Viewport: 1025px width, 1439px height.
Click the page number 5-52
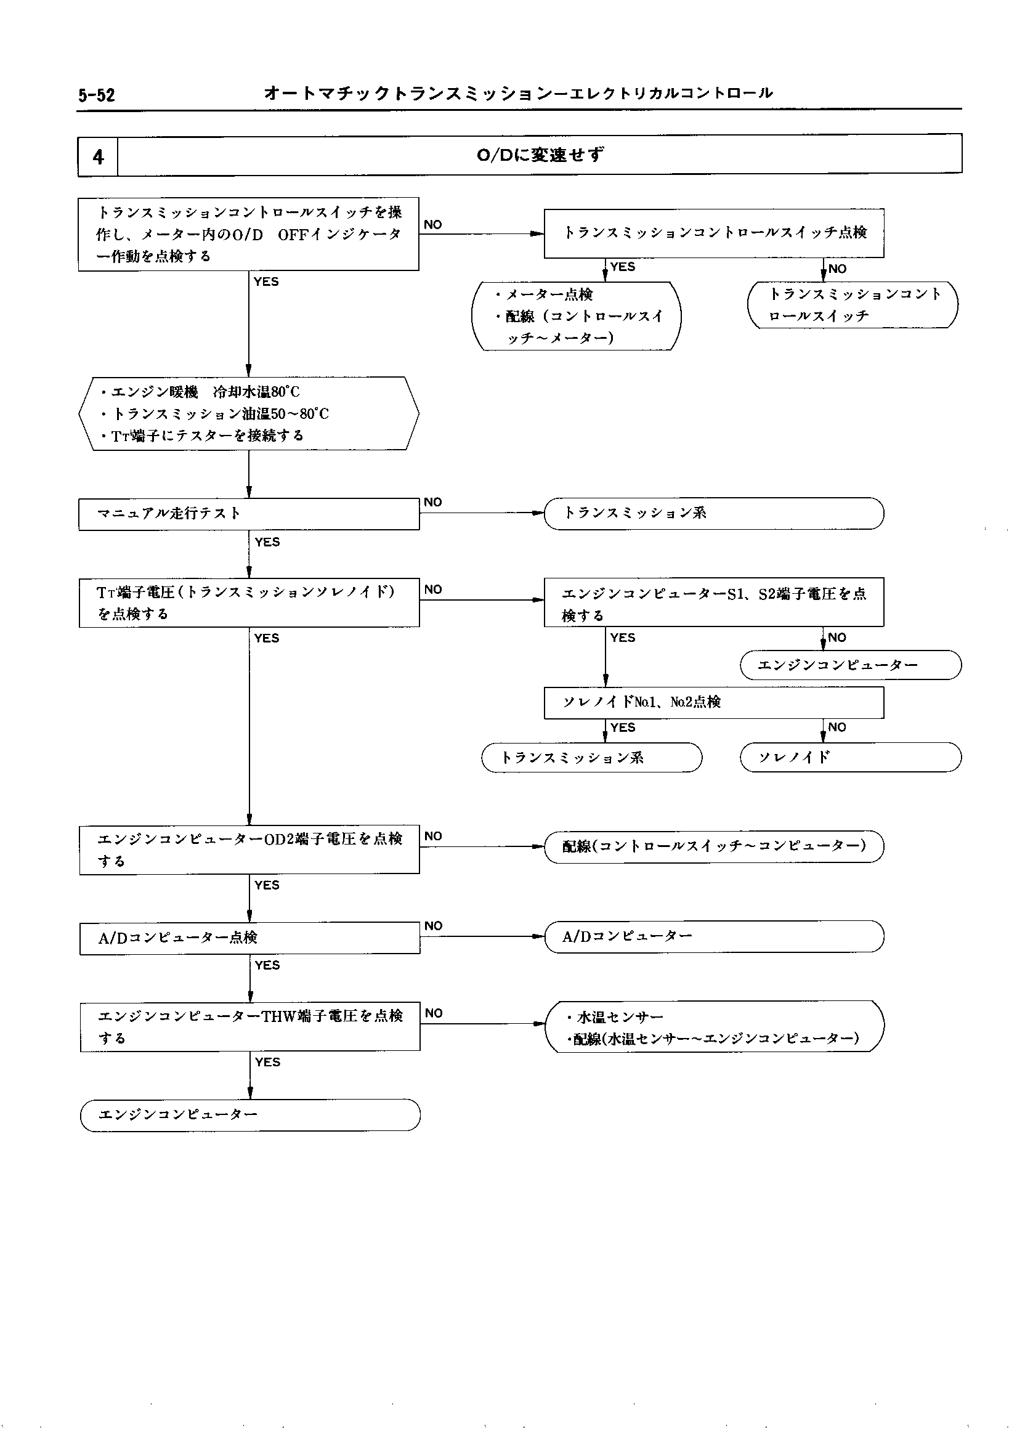coord(97,95)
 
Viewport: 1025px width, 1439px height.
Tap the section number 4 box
coord(98,156)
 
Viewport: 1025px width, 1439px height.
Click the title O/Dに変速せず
coord(540,155)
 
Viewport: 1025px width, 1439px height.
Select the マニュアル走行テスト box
coord(249,514)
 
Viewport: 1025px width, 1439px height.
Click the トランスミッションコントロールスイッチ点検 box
coord(714,233)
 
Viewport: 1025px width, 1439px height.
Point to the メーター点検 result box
coord(576,315)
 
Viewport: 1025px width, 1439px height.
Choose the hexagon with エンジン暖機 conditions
coord(249,413)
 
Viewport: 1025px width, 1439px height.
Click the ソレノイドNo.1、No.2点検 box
coord(714,702)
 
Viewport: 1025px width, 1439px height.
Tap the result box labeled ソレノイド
coord(850,757)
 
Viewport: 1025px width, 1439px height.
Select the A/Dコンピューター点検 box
coord(250,938)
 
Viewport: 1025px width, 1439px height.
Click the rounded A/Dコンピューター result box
coord(714,936)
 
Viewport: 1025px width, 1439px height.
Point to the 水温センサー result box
coord(714,1027)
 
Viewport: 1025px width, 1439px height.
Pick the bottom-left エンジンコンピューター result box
coord(250,1115)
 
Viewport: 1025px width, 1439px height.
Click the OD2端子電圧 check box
coord(249,849)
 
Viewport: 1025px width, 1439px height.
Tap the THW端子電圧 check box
coord(250,1026)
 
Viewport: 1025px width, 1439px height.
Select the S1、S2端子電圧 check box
coord(714,602)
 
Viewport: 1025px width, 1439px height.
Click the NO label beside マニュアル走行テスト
coord(433,503)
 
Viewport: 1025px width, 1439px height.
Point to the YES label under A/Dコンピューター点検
coord(267,965)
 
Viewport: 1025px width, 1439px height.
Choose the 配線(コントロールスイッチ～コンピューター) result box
coord(714,846)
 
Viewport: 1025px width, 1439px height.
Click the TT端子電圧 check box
coord(249,602)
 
